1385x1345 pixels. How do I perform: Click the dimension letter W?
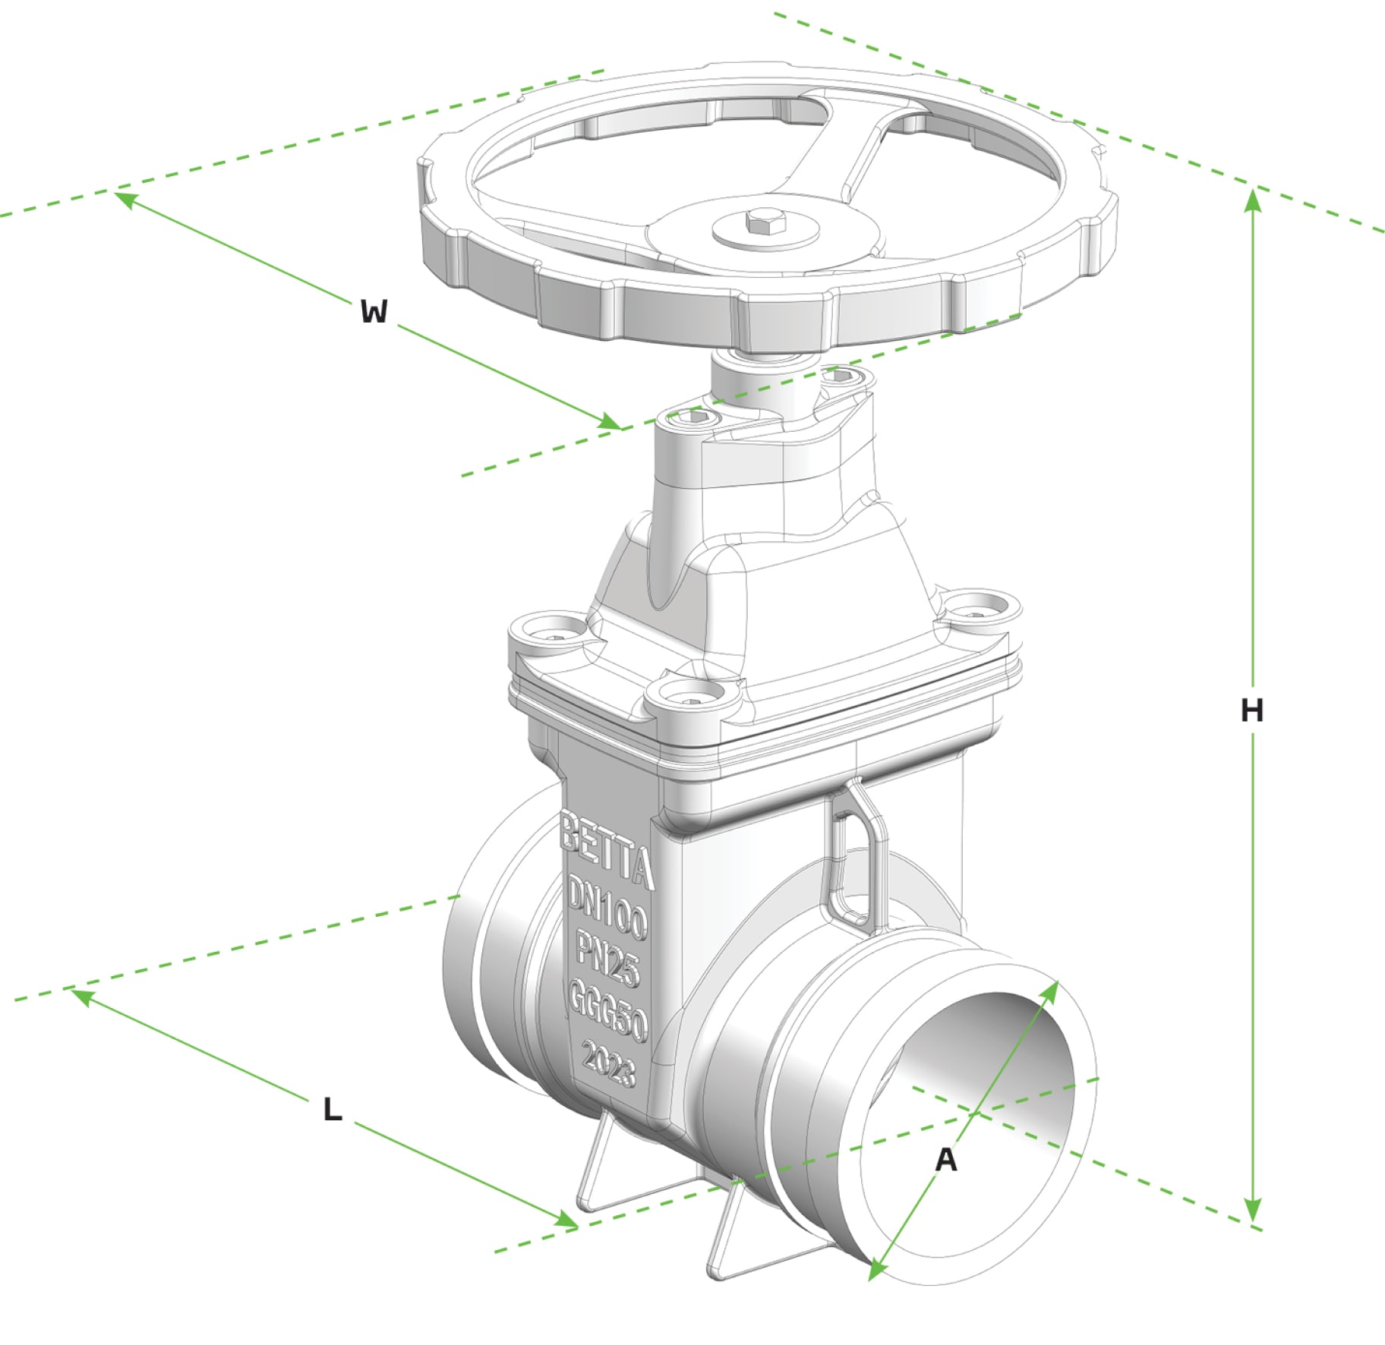[374, 311]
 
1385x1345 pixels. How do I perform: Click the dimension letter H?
[1251, 710]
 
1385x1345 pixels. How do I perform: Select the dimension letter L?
[332, 1110]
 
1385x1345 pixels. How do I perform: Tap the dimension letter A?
[945, 1160]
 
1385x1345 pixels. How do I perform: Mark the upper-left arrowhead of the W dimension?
[125, 199]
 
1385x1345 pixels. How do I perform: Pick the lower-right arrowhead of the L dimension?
[566, 1221]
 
